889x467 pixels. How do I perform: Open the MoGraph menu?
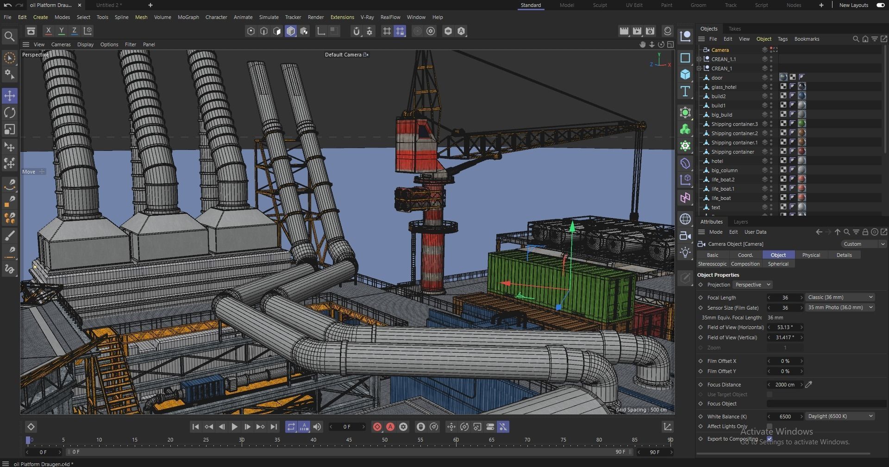pos(188,17)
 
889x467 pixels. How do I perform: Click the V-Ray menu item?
pos(367,17)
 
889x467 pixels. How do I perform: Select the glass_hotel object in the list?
pos(723,87)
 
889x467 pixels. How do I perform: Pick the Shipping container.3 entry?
pos(734,124)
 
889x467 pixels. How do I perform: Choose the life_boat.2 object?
pos(723,180)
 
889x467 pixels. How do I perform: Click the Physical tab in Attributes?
pos(811,255)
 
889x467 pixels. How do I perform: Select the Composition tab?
pos(745,264)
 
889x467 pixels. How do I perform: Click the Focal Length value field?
pos(785,298)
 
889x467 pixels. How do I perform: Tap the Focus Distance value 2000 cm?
pos(784,385)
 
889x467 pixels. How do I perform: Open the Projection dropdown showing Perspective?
pos(752,285)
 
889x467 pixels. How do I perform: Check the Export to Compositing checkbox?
pos(770,439)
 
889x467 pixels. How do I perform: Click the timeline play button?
pos(234,427)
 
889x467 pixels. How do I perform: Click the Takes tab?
pos(734,29)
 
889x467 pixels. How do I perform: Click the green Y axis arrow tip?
pos(572,225)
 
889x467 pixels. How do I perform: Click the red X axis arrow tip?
pos(505,283)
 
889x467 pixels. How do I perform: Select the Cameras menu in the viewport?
pos(61,44)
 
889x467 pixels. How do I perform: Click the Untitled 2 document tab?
pos(109,5)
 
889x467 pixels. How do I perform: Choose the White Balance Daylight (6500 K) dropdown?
pos(840,416)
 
